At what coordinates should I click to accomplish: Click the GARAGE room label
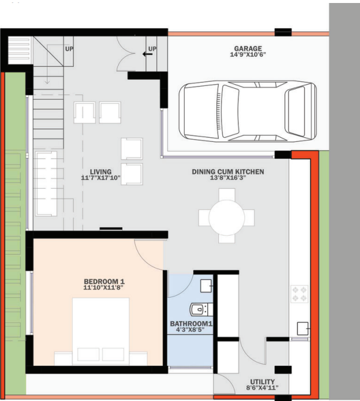tap(248, 48)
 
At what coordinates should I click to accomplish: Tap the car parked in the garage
tap(248, 110)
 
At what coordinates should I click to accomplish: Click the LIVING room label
tap(97, 171)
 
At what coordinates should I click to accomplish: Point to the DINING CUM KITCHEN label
tap(228, 172)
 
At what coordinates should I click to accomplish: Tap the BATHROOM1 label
tap(191, 324)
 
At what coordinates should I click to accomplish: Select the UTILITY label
tap(262, 382)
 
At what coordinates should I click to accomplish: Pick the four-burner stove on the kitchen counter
tap(299, 293)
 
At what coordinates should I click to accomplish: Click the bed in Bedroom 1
tap(101, 331)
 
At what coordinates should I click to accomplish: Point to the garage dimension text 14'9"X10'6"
tap(248, 55)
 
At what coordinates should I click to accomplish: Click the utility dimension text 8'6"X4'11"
tap(262, 388)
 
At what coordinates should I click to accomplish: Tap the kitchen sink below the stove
tap(302, 328)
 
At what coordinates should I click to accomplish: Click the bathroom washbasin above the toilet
tap(206, 285)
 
